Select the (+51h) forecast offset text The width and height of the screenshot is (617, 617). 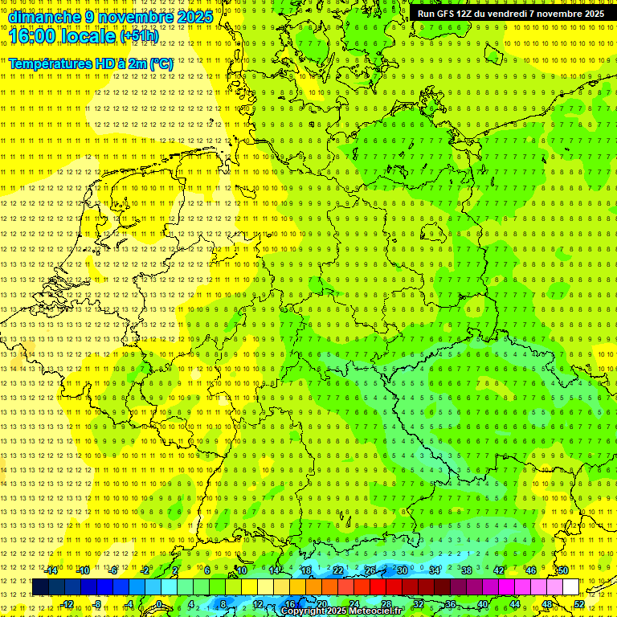(138, 36)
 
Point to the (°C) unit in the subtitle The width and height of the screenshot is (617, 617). (161, 63)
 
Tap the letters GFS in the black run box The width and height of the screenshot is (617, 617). (443, 14)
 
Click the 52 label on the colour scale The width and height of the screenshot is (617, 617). (579, 604)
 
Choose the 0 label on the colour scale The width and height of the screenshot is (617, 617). (158, 604)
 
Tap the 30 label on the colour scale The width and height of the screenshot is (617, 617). (402, 570)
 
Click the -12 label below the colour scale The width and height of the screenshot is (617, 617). (67, 604)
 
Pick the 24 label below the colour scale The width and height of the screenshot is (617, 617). (353, 604)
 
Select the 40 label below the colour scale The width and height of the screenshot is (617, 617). (482, 604)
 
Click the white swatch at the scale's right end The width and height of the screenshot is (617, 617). (570, 587)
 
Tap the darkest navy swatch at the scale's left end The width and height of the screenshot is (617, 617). (40, 587)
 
